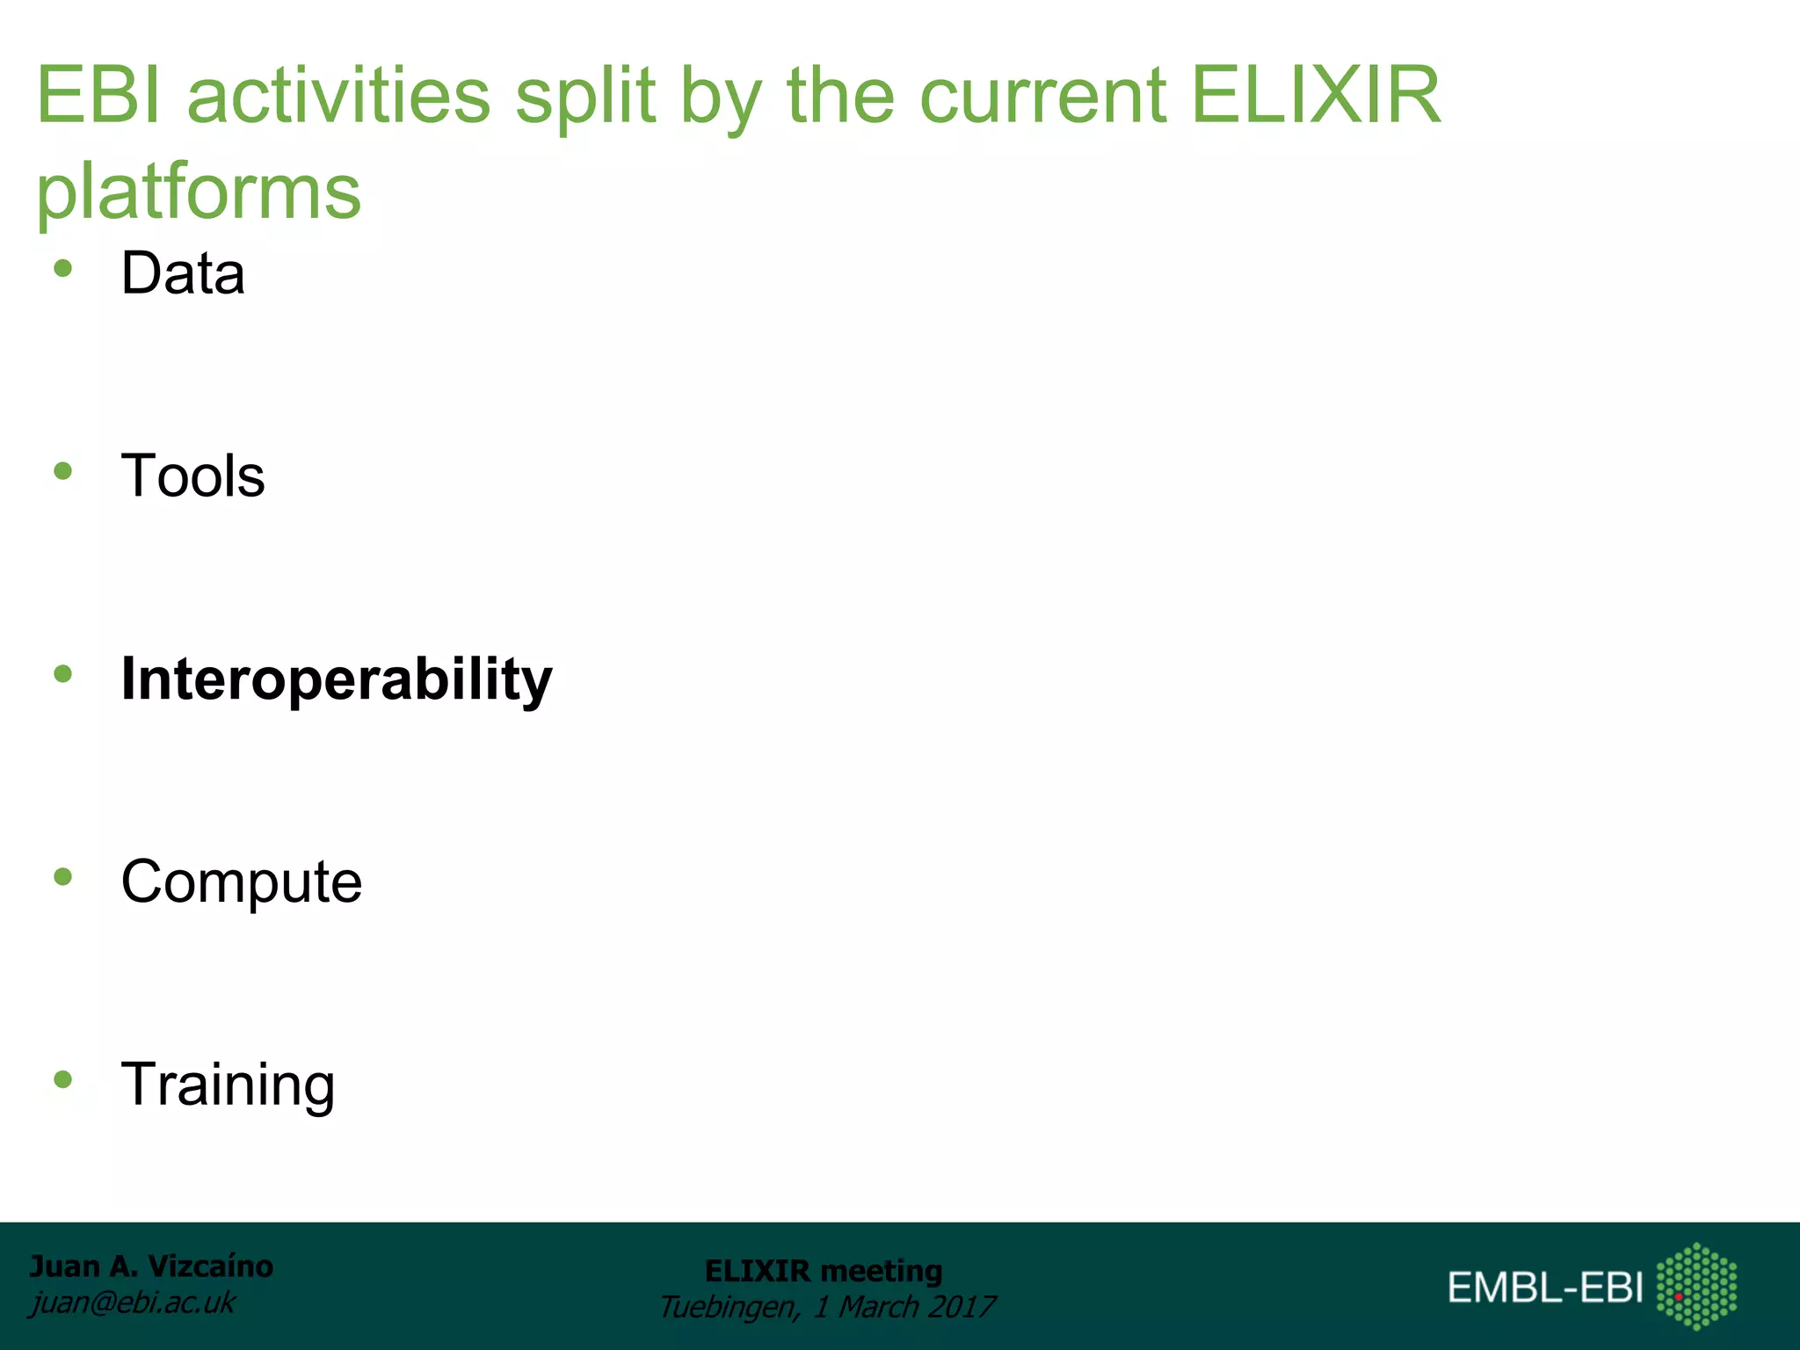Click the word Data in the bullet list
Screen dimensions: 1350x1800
tap(183, 273)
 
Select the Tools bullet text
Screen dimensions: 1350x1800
tap(192, 475)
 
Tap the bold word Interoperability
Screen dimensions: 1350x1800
tap(337, 679)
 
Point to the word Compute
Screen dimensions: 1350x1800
tap(242, 882)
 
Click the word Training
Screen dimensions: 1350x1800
tap(228, 1085)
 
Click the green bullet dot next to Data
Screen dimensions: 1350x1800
tap(62, 269)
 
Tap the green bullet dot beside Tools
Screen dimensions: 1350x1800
tap(62, 471)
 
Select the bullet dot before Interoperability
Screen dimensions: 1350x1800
tap(62, 674)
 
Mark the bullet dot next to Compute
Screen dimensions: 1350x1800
tap(62, 876)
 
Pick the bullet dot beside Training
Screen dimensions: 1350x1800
tap(62, 1079)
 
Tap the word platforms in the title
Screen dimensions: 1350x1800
tap(199, 192)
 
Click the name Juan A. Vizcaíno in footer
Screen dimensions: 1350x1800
tap(151, 1267)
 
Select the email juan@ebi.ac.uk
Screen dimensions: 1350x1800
tap(133, 1303)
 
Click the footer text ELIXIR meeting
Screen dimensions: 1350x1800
tap(824, 1271)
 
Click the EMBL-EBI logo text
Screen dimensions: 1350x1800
tap(1545, 1288)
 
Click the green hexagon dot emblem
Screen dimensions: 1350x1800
tap(1696, 1286)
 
